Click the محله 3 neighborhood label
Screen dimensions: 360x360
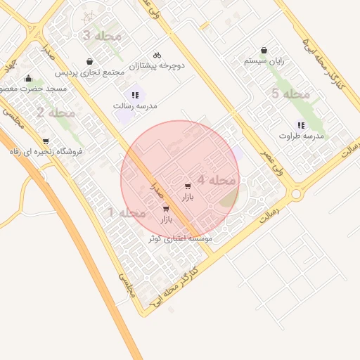pos(103,35)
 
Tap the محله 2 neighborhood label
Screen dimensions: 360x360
pos(56,112)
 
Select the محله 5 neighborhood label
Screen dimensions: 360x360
pos(291,94)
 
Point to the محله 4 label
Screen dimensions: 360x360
pos(216,180)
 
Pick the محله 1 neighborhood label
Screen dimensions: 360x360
pos(127,212)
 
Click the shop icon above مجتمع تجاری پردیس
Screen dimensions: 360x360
pos(89,62)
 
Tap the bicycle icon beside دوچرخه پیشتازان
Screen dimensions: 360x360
pos(157,55)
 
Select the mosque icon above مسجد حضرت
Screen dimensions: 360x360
pos(28,78)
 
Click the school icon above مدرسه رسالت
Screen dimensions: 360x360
pos(134,95)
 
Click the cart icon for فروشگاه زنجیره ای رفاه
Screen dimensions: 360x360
pos(46,141)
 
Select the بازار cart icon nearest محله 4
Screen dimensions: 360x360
pos(187,186)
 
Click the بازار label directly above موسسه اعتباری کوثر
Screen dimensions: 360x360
pos(166,220)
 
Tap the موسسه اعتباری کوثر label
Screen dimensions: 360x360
pos(180,239)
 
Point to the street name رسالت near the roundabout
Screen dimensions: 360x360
pos(269,214)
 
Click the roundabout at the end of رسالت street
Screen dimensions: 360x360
pos(296,193)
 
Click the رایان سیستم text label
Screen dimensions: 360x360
pos(264,61)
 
